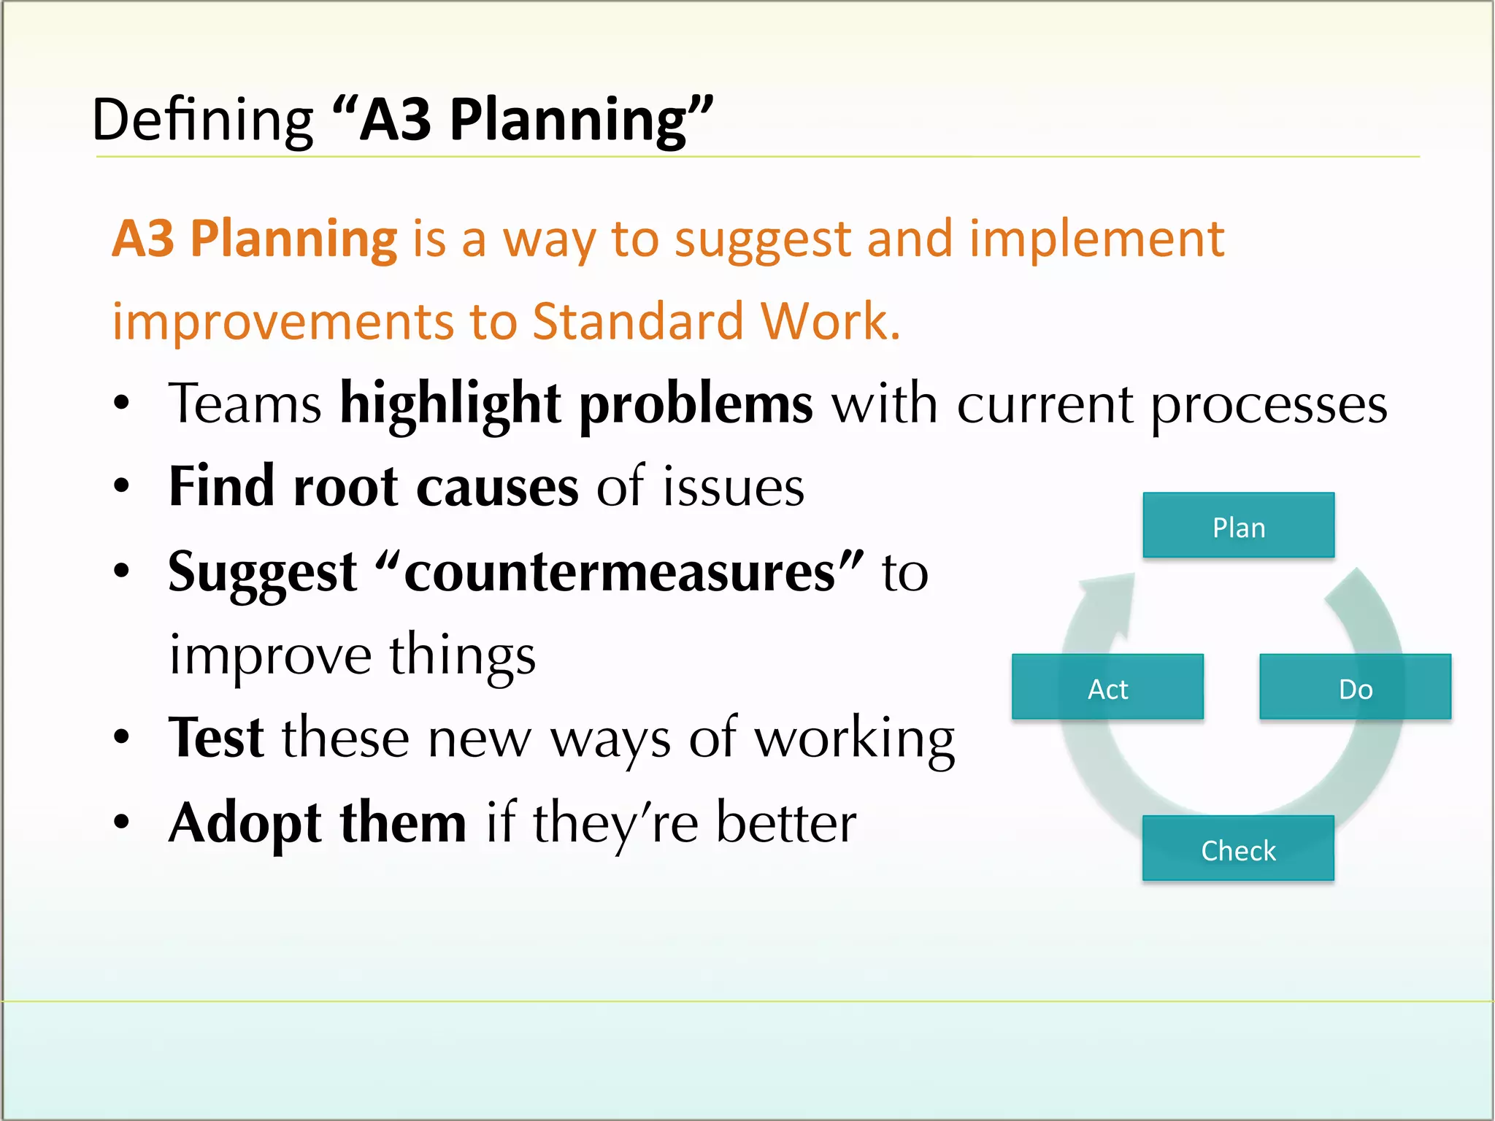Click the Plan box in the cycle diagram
1238,525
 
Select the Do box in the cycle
1355,687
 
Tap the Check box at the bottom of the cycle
1238,849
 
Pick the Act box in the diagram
1107,687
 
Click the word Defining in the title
202,120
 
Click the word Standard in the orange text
637,321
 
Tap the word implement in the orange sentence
1096,239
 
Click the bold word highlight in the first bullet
450,404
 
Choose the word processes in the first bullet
1269,404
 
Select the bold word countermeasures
619,572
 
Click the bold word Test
216,738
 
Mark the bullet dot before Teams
122,403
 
